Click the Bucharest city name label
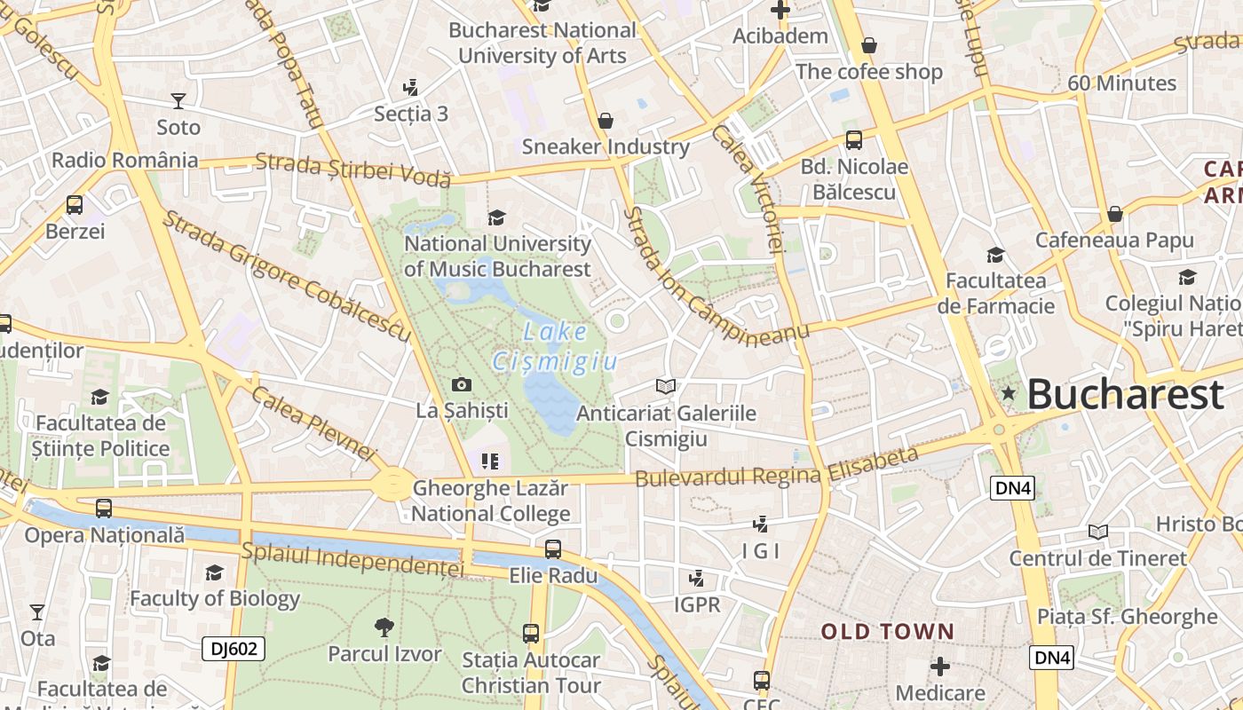click(1125, 395)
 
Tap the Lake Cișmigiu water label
click(556, 347)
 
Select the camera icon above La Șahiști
click(462, 384)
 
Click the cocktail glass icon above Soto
click(178, 100)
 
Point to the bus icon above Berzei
click(75, 205)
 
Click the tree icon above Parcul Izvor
click(384, 627)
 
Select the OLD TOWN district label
click(887, 632)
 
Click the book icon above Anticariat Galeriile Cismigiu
click(666, 386)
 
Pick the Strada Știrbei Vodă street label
click(353, 170)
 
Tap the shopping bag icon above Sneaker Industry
click(606, 120)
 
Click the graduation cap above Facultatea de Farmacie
click(995, 255)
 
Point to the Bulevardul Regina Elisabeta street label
click(776, 469)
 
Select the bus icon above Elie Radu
click(553, 549)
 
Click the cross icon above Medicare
click(940, 666)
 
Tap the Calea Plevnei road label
click(314, 422)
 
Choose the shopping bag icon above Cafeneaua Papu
click(1114, 214)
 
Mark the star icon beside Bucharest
click(1008, 393)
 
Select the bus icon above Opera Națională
click(104, 509)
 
